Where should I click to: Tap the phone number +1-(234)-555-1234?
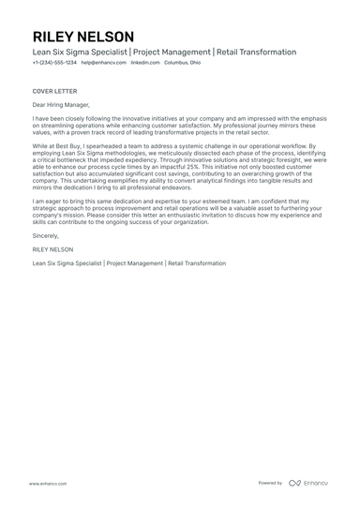coord(53,62)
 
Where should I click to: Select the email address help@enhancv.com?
coord(103,62)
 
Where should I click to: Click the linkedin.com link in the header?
coord(144,62)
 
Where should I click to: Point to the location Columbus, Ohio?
coord(182,62)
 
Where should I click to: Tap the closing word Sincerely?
coord(47,237)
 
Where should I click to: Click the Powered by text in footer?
coord(270,483)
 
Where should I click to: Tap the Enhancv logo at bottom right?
coord(308,483)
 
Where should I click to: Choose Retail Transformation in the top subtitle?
coord(256,52)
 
